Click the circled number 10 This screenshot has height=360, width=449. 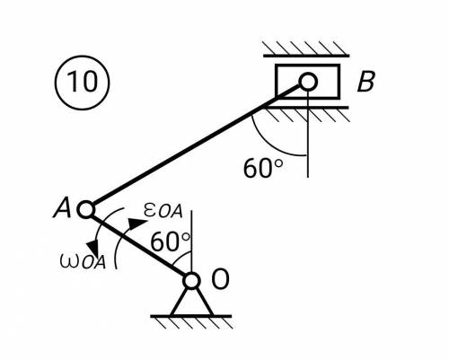tap(83, 83)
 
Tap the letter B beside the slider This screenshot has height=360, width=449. tap(365, 82)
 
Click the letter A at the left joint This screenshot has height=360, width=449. tap(62, 208)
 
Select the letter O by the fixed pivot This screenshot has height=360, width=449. tap(220, 279)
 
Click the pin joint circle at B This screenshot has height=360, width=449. tap(308, 82)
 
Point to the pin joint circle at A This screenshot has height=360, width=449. tap(86, 209)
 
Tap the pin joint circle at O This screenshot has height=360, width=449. tap(191, 281)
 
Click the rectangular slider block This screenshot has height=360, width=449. tap(308, 82)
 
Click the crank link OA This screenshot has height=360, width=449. tap(138, 245)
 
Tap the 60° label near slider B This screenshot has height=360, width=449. tap(263, 169)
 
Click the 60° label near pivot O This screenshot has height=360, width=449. tap(170, 241)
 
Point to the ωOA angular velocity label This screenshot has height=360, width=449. tap(83, 261)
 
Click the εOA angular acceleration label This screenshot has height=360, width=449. tap(163, 210)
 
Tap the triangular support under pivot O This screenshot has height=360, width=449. tap(191, 303)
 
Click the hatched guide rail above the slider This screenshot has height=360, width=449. tap(306, 49)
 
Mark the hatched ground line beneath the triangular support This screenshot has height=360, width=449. tap(191, 321)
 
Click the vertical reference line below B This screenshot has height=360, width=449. tap(307, 134)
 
